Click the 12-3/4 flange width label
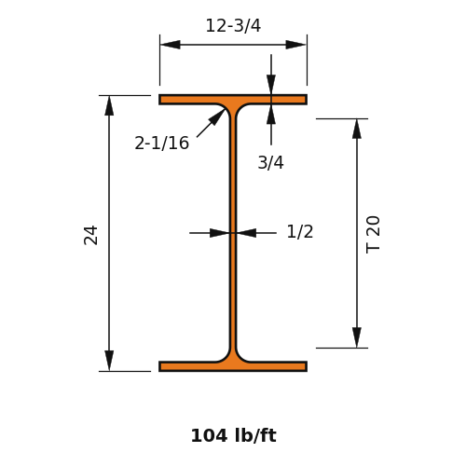tap(233, 25)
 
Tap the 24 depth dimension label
tap(90, 235)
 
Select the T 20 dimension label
tap(373, 235)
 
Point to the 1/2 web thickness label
tap(300, 232)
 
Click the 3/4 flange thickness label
tap(270, 162)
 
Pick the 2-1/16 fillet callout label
tap(161, 144)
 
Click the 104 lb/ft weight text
tap(233, 435)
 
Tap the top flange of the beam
tap(233, 100)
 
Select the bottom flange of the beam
tap(233, 366)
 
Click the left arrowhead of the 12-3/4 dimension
tap(171, 45)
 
